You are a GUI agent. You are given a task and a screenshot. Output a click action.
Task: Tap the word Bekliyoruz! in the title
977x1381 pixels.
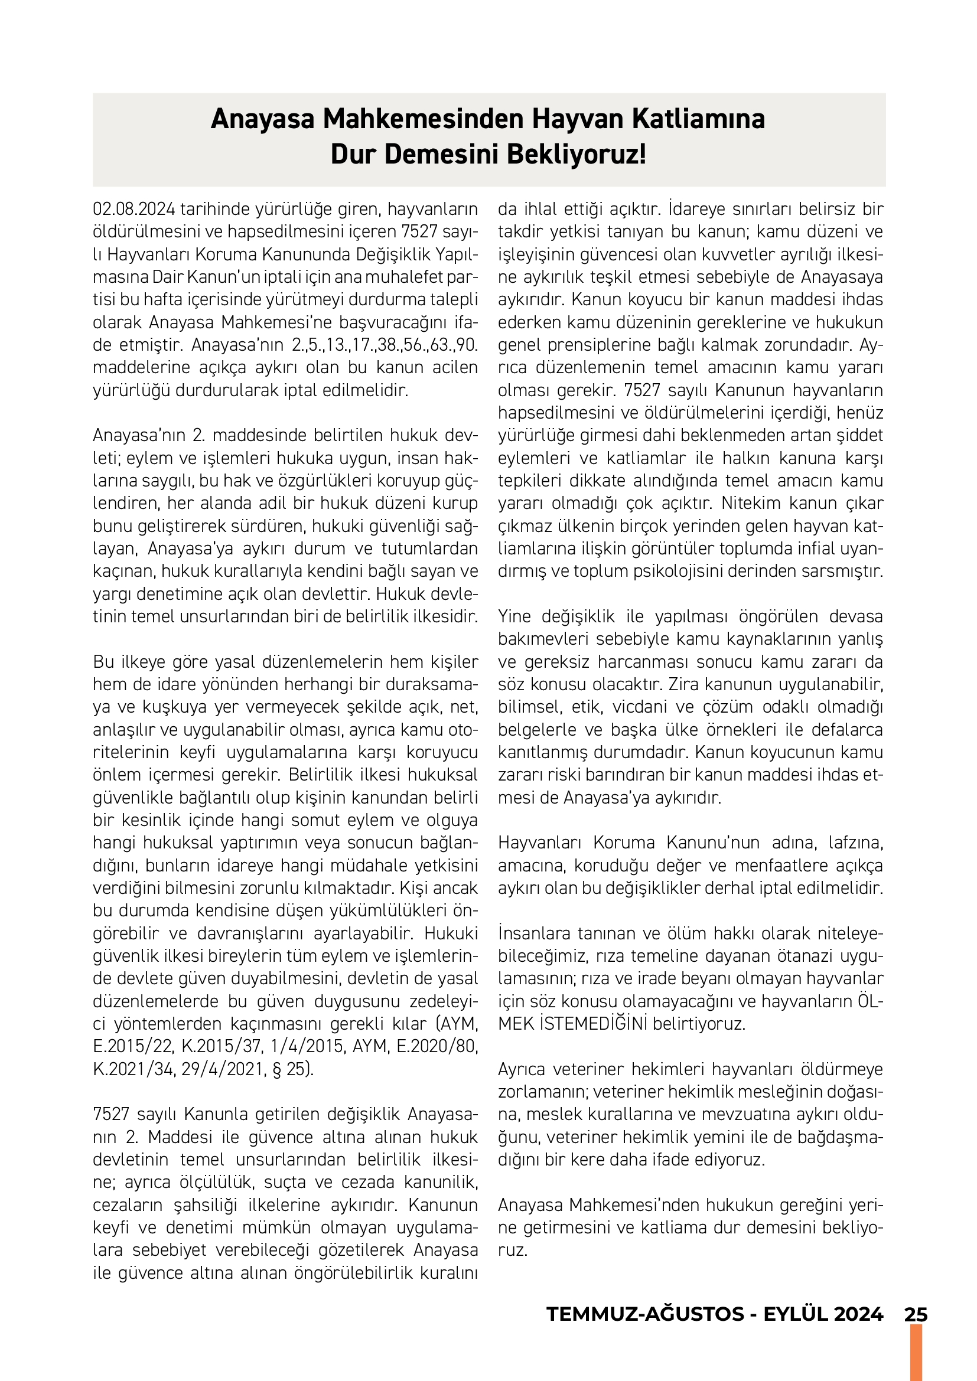577,155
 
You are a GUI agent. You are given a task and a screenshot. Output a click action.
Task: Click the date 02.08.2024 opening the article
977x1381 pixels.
134,210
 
